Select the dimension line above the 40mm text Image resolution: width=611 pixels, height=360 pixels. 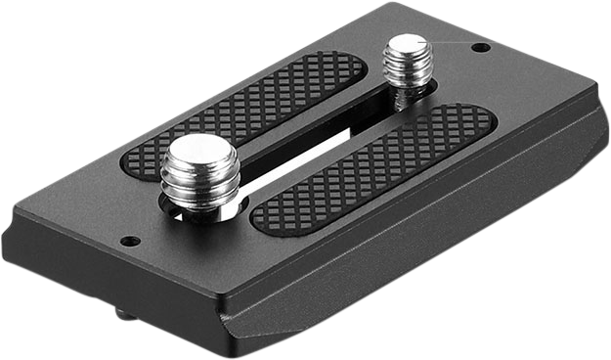(x=59, y=311)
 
